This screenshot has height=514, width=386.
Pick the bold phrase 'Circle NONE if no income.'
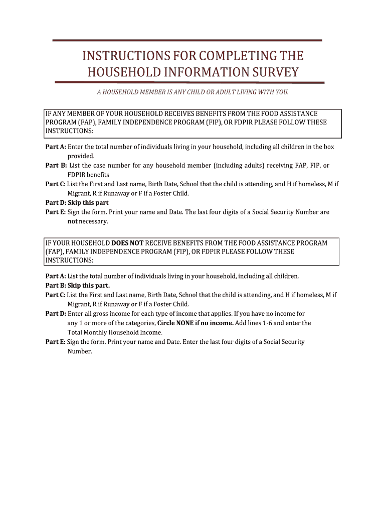point(196,323)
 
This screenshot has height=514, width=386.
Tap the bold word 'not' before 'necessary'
point(72,221)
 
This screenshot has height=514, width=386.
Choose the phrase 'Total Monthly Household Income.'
point(115,332)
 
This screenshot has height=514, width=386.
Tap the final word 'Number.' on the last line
point(80,351)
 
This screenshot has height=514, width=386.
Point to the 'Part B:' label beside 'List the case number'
point(56,166)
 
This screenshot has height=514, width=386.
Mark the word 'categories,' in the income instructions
point(139,323)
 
